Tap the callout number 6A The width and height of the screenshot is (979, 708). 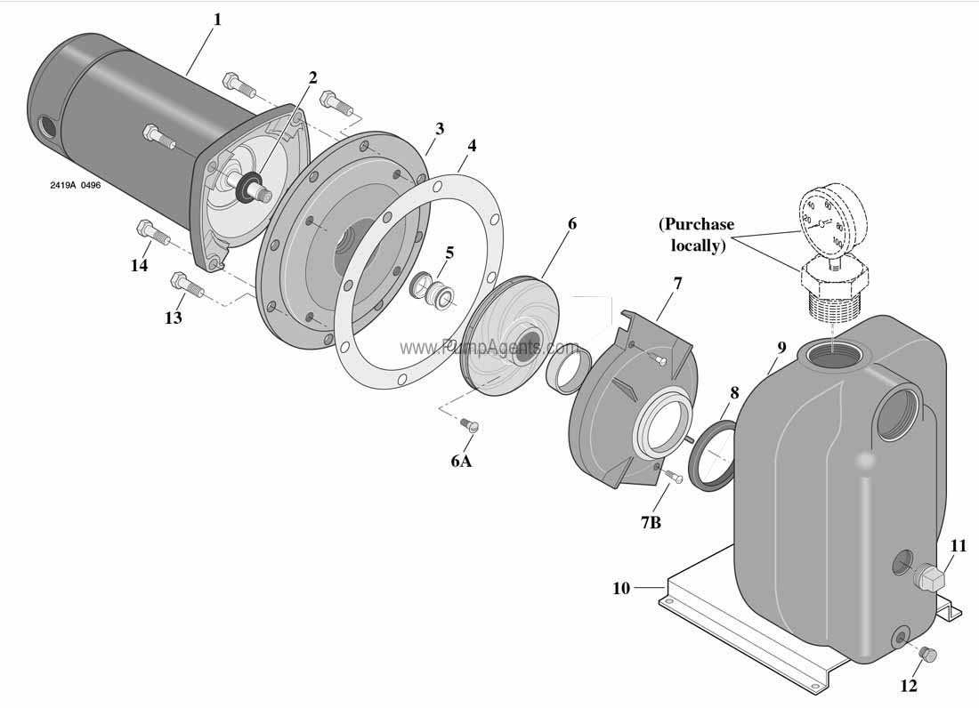coord(460,461)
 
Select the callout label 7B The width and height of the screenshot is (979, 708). coord(651,522)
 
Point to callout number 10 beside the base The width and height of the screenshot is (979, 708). coord(621,588)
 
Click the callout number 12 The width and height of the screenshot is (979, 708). coord(908,685)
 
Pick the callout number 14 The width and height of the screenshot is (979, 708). coord(139,266)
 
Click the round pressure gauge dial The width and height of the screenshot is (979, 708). coord(821,219)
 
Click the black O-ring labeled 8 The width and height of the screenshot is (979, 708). coord(712,456)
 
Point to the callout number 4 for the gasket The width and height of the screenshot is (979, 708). coord(471,146)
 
